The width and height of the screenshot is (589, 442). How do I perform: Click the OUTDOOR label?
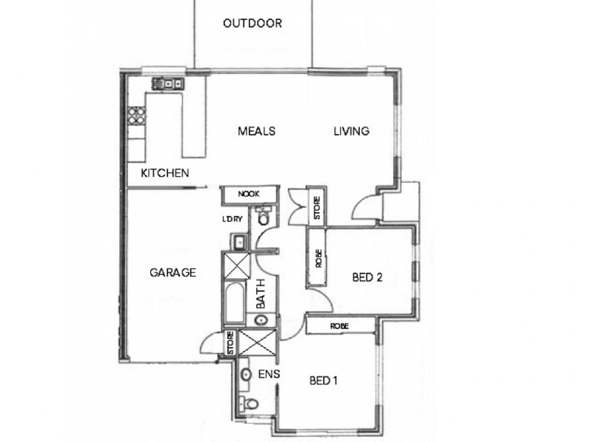[253, 23]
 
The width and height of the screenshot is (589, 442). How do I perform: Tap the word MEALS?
[256, 132]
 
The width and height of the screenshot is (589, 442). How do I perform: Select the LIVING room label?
[351, 132]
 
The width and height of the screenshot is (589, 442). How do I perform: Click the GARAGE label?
[173, 273]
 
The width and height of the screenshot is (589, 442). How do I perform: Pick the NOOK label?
[248, 194]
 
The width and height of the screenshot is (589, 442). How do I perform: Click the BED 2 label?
[368, 278]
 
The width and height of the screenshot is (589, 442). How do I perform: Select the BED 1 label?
[323, 381]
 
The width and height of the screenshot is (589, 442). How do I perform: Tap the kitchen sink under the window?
[168, 84]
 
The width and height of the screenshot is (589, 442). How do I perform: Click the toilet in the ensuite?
[251, 404]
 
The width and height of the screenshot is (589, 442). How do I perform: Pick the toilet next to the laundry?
[264, 218]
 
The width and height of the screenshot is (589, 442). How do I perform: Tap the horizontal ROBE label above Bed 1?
[339, 326]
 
